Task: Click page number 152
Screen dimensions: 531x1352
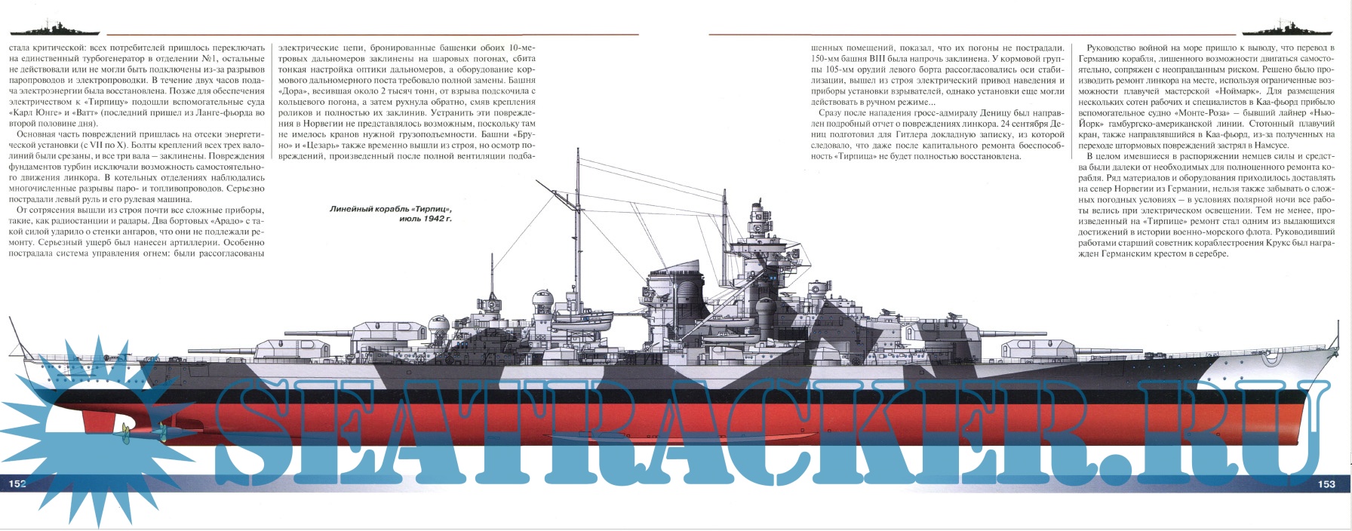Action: [x=17, y=483]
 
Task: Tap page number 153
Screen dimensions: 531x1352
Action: [x=1326, y=484]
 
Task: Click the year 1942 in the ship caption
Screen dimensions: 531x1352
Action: [x=444, y=219]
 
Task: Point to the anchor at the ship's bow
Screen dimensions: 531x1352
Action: [x=1272, y=355]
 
